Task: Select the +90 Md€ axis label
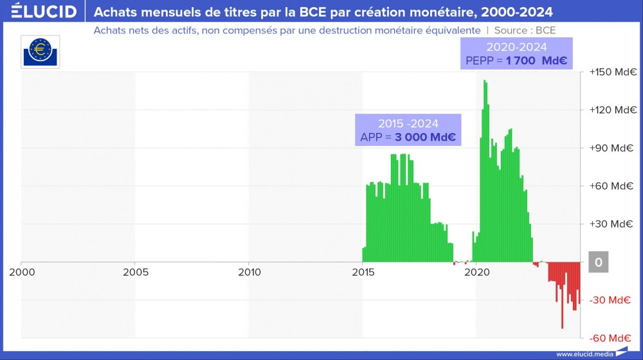[610, 148]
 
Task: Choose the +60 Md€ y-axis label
[610, 186]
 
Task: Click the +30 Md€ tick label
[610, 224]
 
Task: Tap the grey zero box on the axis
[599, 262]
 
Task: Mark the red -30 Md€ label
[609, 300]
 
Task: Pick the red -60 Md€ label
[609, 338]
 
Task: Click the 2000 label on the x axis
[22, 272]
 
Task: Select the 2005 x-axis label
[135, 272]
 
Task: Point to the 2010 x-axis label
[249, 272]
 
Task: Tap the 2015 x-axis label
[363, 272]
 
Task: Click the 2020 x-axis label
[476, 272]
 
